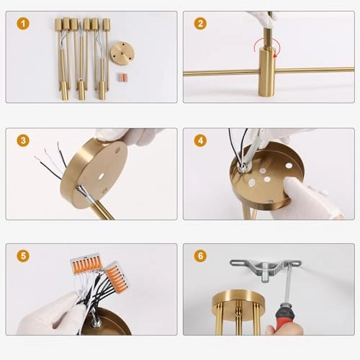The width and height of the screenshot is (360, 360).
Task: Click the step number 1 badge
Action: pos(23,24)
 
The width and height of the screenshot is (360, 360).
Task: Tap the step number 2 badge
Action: pos(200,24)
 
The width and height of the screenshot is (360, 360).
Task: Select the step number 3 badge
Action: pos(23,140)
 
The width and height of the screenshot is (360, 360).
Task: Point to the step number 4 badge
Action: pos(200,140)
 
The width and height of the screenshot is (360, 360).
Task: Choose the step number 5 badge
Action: pos(23,256)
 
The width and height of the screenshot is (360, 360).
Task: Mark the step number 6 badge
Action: pos(200,256)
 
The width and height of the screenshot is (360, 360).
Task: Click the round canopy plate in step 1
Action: pos(122,53)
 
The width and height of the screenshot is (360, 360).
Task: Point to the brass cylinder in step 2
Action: pos(266,71)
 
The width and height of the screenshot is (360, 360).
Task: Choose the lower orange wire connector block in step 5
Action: pos(117,276)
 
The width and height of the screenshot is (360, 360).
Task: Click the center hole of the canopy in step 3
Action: pos(101,176)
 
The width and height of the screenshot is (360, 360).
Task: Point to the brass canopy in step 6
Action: pos(238,300)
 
